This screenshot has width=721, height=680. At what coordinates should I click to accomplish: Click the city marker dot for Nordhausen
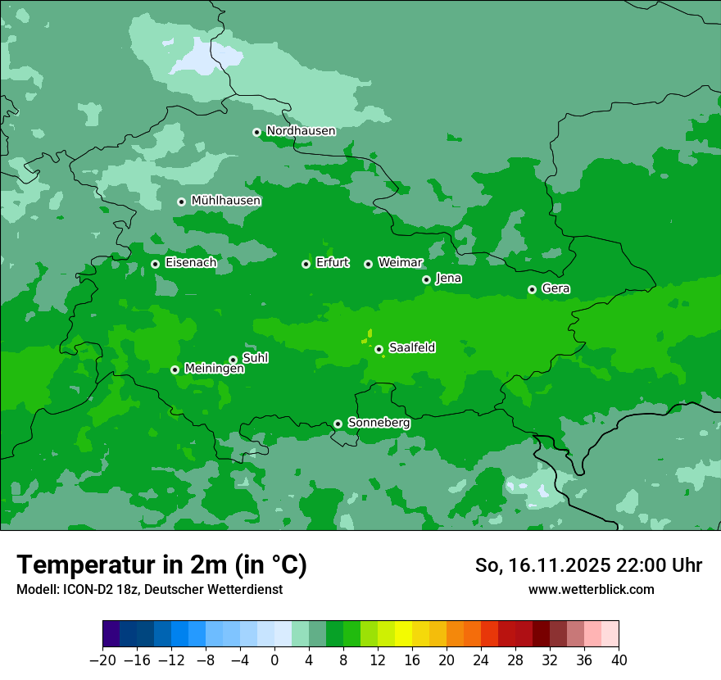tap(256, 132)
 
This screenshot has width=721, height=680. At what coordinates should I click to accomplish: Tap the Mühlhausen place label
tap(225, 201)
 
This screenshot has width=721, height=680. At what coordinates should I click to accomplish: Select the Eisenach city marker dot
tap(155, 264)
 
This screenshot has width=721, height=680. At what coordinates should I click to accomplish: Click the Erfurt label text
tap(332, 263)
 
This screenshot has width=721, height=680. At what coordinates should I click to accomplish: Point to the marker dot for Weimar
tap(368, 264)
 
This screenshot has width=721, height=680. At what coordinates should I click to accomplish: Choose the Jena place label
tap(448, 279)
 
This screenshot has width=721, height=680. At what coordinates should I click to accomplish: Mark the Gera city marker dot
tap(532, 289)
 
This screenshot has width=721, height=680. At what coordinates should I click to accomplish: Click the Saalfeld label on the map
tap(411, 348)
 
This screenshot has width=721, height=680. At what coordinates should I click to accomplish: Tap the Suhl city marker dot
tap(233, 360)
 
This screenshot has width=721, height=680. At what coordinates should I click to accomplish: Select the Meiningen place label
tap(214, 369)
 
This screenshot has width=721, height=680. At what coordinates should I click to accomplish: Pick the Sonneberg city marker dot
tap(338, 424)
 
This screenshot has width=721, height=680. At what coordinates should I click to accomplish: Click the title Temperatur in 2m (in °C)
tap(161, 565)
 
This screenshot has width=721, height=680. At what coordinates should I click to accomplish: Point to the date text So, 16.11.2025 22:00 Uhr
tap(588, 565)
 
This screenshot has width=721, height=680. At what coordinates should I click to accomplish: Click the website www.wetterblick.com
tap(591, 589)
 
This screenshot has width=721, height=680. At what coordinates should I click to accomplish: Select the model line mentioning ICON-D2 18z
tap(149, 589)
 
